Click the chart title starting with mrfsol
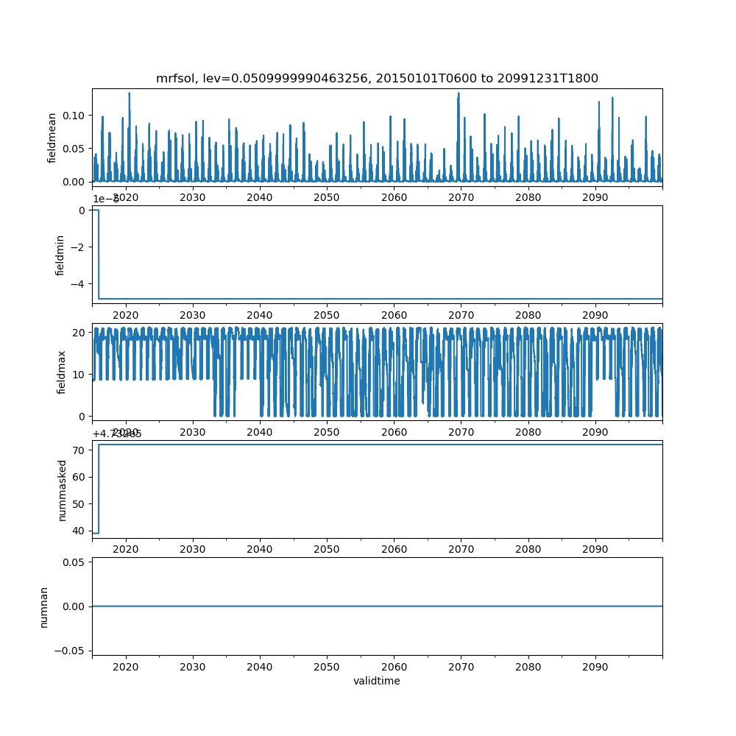[377, 78]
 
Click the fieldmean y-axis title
[52, 137]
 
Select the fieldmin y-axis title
[60, 254]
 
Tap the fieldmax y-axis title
[62, 372]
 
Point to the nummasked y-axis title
[63, 489]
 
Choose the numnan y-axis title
[44, 606]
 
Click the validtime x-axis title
[377, 681]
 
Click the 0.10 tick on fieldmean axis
[75, 116]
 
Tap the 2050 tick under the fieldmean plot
[327, 197]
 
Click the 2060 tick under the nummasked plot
[394, 549]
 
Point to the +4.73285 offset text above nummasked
[117, 434]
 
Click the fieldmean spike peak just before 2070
[459, 93]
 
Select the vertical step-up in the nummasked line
[99, 489]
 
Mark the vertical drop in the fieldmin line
[99, 254]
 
